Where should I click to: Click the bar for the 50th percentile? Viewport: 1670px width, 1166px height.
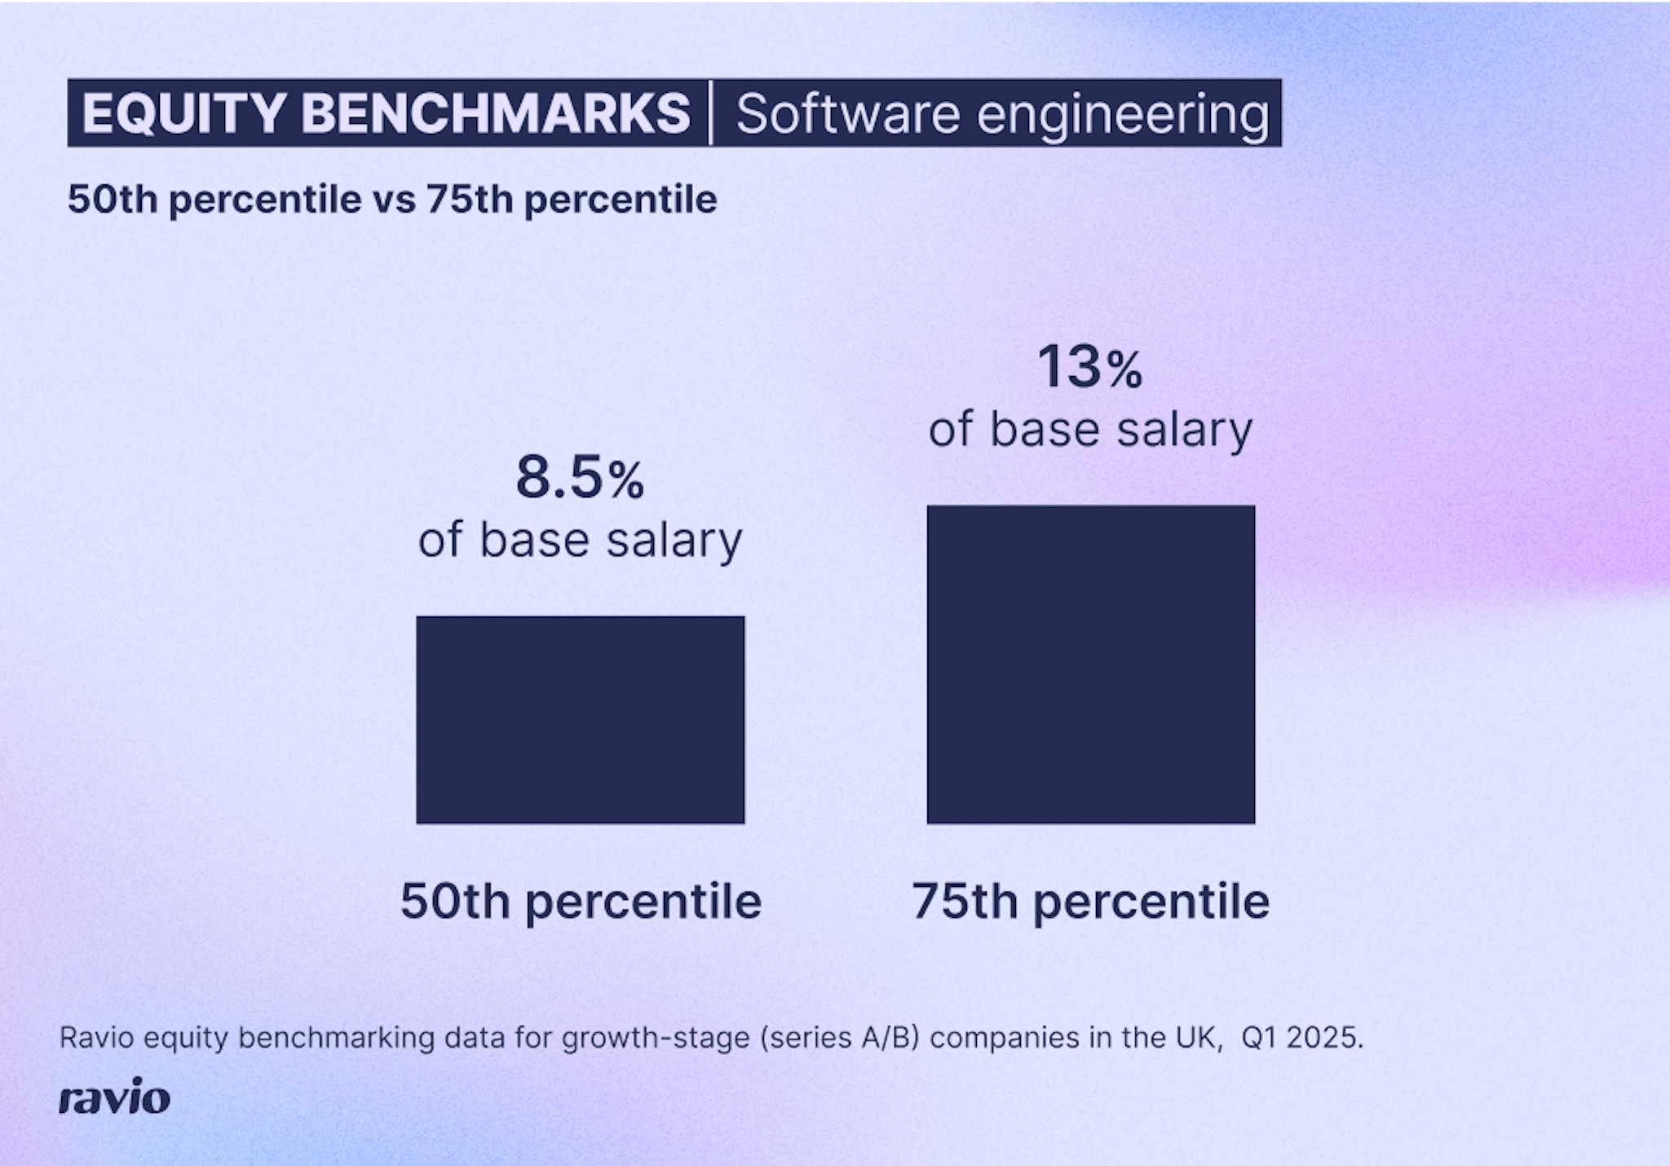coord(580,719)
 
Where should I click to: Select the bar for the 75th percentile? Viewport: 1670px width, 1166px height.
coord(1090,664)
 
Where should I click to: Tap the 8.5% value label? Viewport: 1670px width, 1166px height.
coord(580,479)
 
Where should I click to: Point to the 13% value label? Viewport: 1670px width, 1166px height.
coord(1089,368)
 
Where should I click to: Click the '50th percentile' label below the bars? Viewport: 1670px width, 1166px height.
coord(580,902)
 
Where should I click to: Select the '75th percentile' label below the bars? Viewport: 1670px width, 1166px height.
coord(1090,902)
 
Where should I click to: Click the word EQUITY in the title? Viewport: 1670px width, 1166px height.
coord(184,113)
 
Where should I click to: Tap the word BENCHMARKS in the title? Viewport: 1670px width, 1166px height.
coord(496,113)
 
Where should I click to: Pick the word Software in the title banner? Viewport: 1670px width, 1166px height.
coord(848,113)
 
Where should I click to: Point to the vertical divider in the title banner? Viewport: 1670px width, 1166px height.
coord(711,113)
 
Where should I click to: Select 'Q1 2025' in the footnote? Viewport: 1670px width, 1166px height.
coord(1301,1038)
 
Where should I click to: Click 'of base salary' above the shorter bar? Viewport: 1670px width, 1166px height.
coord(580,540)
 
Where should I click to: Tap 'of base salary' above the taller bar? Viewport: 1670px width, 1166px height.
coord(1090,430)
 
